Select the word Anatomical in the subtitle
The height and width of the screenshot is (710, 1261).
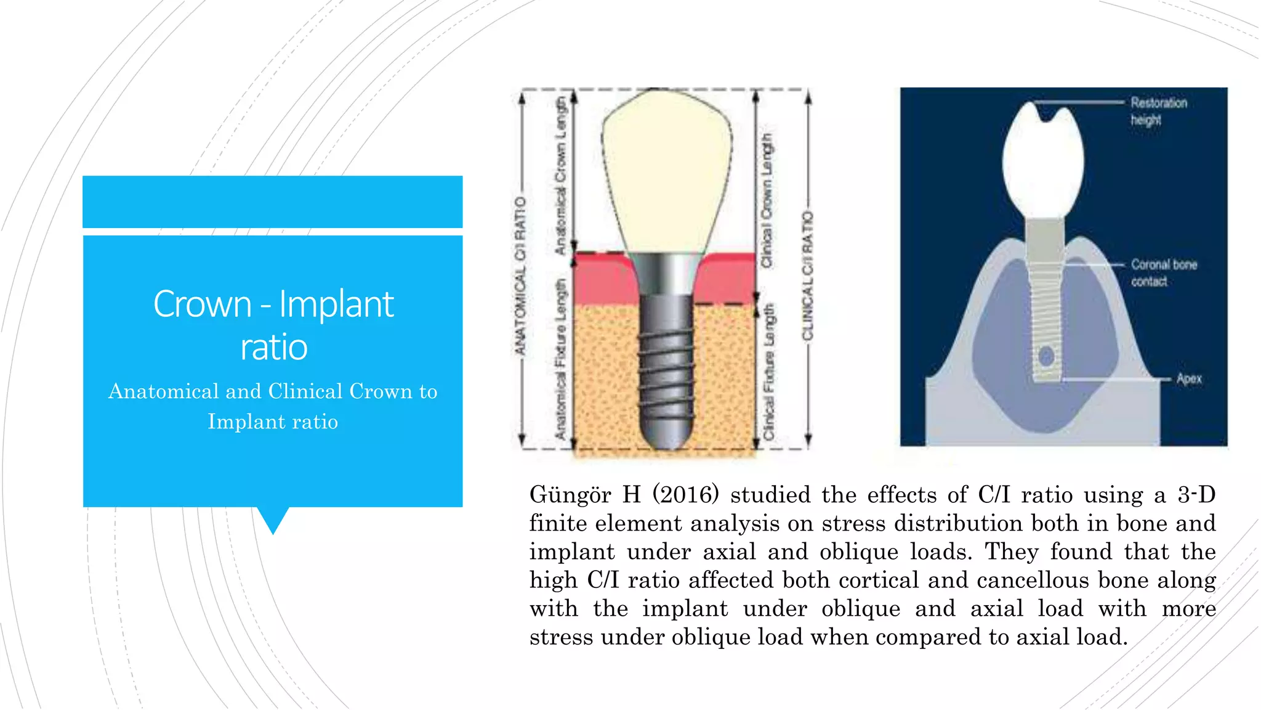click(x=163, y=391)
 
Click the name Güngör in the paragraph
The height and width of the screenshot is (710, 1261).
click(x=570, y=495)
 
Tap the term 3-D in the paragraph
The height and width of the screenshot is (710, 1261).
click(x=1196, y=495)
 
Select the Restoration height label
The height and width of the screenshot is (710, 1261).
click(x=1158, y=111)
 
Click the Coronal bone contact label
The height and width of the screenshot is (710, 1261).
click(x=1163, y=272)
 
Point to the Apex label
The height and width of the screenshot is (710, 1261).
click(x=1188, y=378)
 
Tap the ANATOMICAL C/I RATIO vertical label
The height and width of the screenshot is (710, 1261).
click(x=521, y=275)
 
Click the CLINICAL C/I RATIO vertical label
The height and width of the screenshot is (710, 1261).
click(x=807, y=275)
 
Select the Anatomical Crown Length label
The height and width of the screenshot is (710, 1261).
click(x=560, y=176)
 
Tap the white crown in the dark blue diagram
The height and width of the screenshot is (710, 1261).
click(x=1042, y=163)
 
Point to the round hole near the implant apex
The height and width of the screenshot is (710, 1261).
click(x=1045, y=356)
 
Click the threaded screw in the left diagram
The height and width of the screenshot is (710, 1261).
click(x=667, y=370)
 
